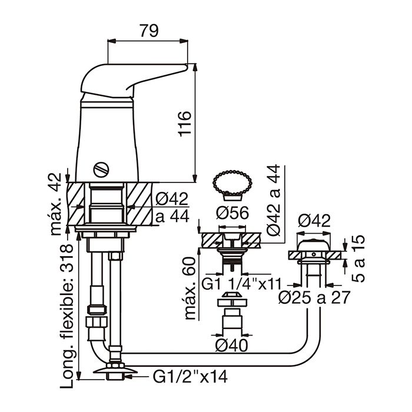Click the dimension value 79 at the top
tap(149, 31)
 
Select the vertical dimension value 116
tap(185, 124)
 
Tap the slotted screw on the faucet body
tap(101, 170)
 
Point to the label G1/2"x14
tap(190, 377)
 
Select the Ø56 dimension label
tap(232, 212)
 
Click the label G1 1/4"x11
tap(241, 284)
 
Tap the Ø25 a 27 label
tap(314, 297)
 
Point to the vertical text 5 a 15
tap(358, 258)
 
